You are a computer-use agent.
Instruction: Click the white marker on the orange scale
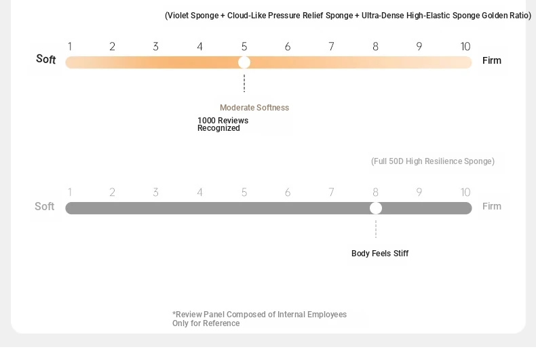click(244, 62)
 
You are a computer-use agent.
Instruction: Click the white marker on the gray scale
click(376, 208)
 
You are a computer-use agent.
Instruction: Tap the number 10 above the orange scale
click(465, 47)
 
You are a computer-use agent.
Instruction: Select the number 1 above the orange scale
click(70, 47)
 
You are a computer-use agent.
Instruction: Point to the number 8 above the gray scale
click(375, 193)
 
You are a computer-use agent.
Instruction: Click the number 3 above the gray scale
click(155, 193)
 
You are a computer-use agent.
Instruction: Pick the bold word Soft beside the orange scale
click(46, 59)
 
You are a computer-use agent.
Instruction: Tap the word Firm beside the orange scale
click(492, 60)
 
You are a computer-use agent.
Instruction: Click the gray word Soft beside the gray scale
click(44, 206)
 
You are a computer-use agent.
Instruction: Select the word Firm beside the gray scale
click(492, 206)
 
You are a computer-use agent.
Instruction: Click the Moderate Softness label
click(254, 108)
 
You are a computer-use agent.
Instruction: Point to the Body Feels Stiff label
click(380, 254)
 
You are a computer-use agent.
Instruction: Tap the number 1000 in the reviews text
click(206, 121)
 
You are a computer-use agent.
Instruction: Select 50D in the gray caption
click(396, 161)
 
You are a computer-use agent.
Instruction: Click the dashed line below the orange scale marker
click(244, 83)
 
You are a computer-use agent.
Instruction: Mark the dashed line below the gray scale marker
click(376, 229)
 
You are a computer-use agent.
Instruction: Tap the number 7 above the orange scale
click(331, 47)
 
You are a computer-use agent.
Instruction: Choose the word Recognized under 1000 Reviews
click(218, 128)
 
